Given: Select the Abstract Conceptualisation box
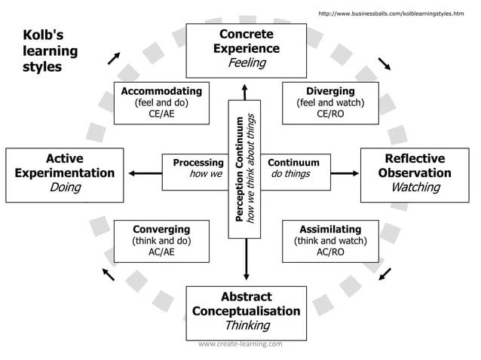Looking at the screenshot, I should (246, 311).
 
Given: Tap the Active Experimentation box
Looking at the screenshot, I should (65, 173).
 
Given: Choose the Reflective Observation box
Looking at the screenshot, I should (415, 173).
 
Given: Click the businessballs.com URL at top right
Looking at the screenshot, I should (391, 13).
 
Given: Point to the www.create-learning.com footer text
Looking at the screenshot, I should (240, 344).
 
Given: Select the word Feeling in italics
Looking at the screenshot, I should (247, 63).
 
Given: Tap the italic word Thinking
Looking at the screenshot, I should (247, 325).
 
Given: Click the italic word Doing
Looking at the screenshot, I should (65, 188).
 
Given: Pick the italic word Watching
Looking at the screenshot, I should (415, 188).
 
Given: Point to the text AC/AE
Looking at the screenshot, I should (161, 253).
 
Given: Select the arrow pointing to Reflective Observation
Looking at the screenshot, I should (345, 173).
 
